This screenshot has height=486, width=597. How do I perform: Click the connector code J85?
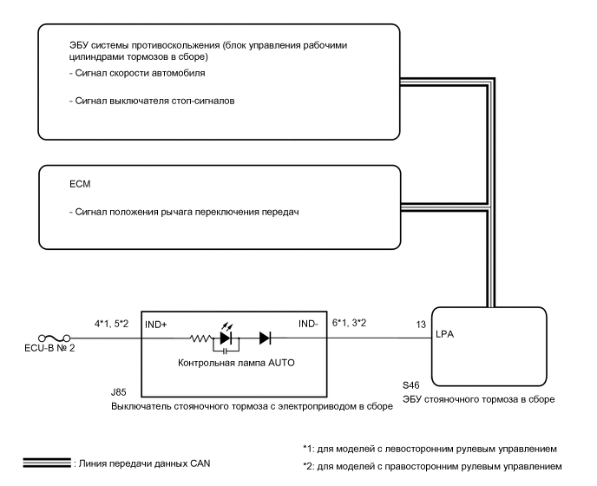(x=120, y=392)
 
